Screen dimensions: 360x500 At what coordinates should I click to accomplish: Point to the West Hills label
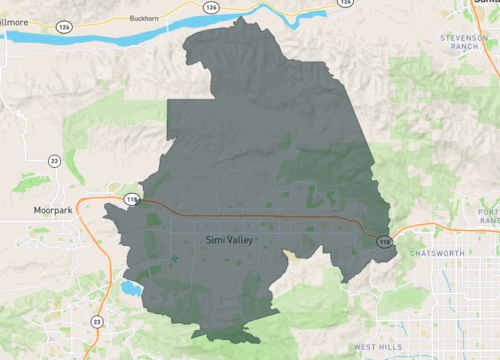click(376, 346)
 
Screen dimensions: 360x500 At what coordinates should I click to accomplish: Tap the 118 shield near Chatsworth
click(384, 241)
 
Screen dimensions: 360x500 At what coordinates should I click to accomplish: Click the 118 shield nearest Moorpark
click(131, 200)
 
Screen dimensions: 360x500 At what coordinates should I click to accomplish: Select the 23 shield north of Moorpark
click(54, 160)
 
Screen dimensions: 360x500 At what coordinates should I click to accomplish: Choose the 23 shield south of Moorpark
click(96, 321)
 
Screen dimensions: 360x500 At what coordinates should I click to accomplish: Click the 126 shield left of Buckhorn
click(64, 27)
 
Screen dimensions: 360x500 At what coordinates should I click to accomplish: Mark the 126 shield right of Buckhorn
click(211, 7)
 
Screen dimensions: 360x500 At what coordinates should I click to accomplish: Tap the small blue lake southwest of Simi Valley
click(131, 289)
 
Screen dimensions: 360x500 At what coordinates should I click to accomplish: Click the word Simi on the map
click(215, 241)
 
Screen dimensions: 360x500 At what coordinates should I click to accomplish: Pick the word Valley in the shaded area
click(242, 241)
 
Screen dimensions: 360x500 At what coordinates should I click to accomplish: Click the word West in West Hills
click(363, 346)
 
